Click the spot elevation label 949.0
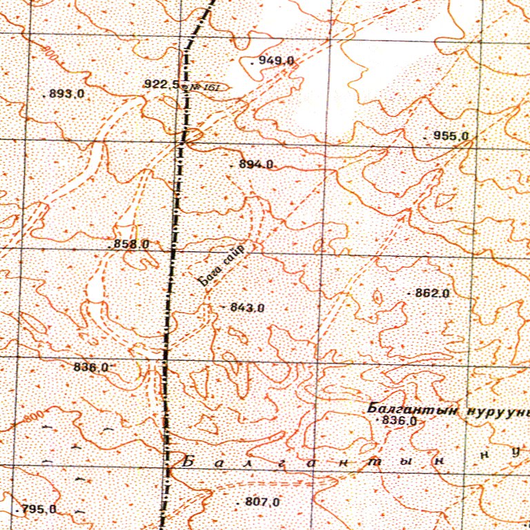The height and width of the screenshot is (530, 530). (277, 61)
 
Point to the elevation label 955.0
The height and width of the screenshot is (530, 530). (451, 137)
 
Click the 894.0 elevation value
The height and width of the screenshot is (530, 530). (255, 165)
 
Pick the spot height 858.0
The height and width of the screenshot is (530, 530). (131, 244)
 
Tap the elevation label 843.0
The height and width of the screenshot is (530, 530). (247, 308)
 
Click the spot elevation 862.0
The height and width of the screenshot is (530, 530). (433, 293)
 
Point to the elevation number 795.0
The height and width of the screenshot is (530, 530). (39, 510)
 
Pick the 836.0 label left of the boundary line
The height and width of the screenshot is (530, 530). (90, 367)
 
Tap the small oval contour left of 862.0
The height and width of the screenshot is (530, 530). (377, 297)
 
